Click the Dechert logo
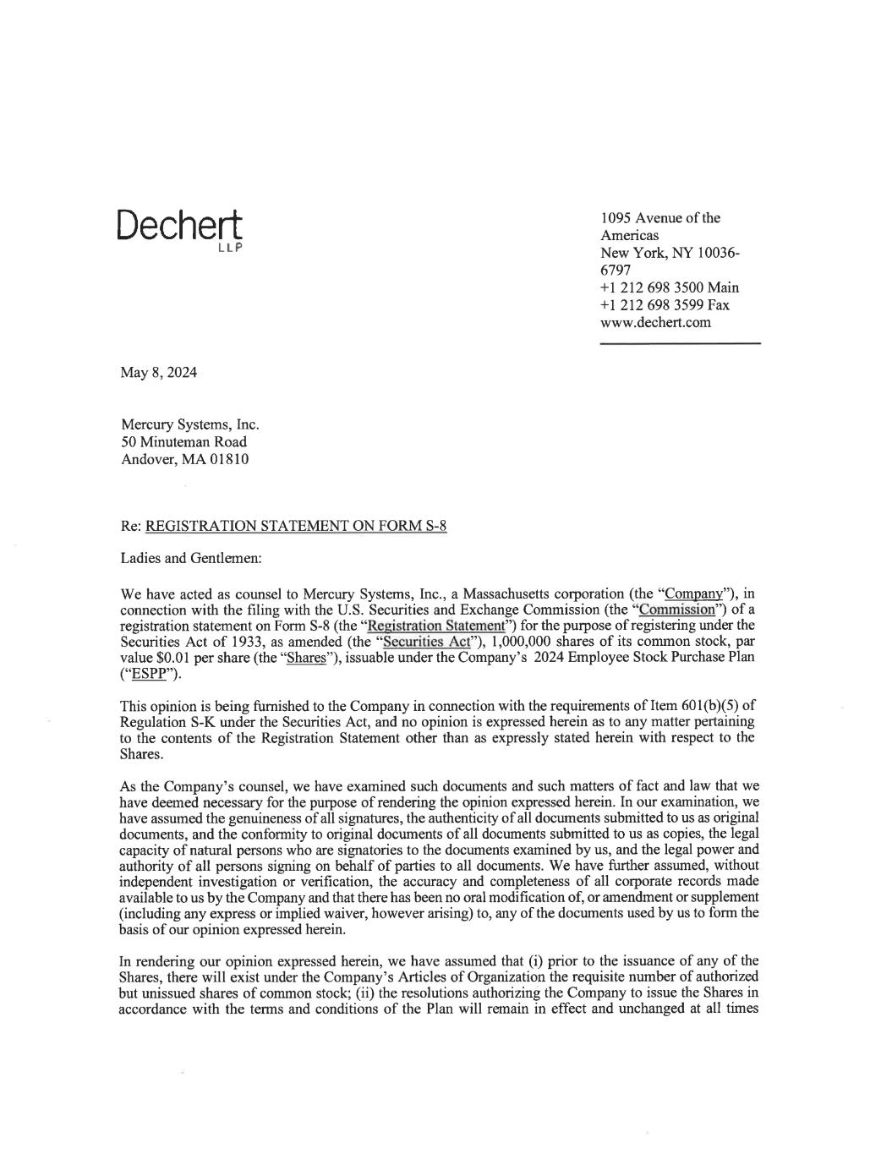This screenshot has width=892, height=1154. pyautogui.click(x=179, y=227)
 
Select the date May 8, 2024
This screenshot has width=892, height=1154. pyautogui.click(x=159, y=372)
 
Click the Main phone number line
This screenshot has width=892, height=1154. pyautogui.click(x=670, y=287)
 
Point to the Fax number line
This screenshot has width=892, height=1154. pyautogui.click(x=665, y=304)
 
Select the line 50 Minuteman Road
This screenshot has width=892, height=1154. pyautogui.click(x=184, y=442)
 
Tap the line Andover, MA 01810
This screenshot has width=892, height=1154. pyautogui.click(x=185, y=460)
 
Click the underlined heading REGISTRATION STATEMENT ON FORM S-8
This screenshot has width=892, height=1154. pyautogui.click(x=296, y=527)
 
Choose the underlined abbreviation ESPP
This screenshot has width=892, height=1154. pyautogui.click(x=145, y=674)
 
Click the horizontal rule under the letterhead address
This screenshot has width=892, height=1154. pyautogui.click(x=680, y=342)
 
